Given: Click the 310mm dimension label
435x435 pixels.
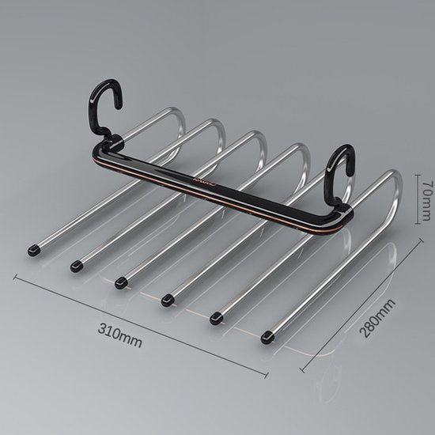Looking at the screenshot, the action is [x=120, y=335].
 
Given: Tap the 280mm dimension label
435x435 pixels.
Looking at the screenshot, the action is [x=377, y=318].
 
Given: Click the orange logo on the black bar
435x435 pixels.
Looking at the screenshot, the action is [x=205, y=181].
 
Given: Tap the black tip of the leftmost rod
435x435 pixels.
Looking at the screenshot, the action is [x=34, y=250].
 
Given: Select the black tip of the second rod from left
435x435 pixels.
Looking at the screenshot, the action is [x=76, y=266].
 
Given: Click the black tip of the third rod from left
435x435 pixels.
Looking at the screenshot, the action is [x=121, y=282].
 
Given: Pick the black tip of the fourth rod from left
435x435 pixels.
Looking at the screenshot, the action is [x=168, y=300].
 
